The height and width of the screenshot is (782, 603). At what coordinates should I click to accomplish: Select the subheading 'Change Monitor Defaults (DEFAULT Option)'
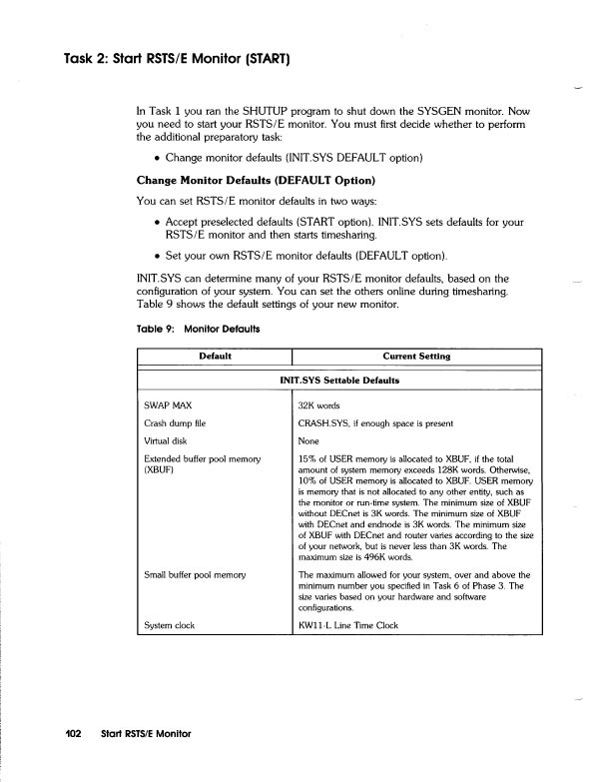click(x=255, y=181)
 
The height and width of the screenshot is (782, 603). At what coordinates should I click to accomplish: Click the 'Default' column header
click(x=216, y=356)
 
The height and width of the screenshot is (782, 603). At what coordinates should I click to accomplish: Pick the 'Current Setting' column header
click(x=416, y=356)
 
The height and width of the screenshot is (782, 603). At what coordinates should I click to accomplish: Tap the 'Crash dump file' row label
click(x=179, y=423)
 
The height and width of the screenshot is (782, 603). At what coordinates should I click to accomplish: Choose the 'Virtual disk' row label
click(x=170, y=440)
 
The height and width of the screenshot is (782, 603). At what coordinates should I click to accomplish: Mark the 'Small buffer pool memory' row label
click(x=204, y=575)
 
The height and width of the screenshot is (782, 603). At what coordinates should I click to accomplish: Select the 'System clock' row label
click(x=175, y=625)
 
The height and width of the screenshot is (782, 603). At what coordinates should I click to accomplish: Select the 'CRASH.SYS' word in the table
click(x=323, y=423)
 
